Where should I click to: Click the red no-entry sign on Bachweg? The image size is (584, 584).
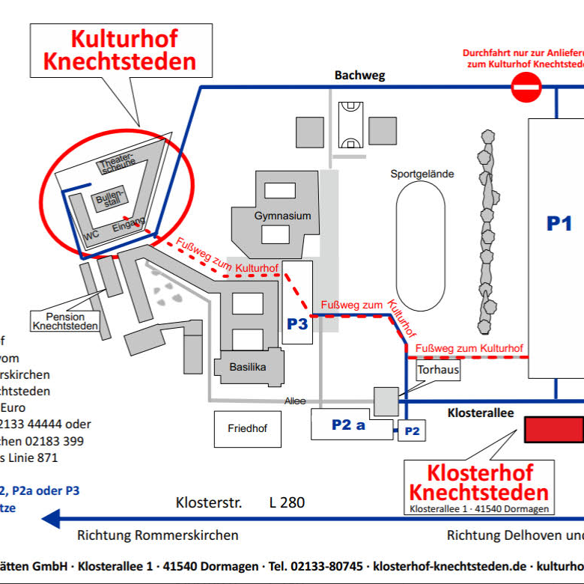pyautogui.click(x=526, y=87)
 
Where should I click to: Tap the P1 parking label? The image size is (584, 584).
pyautogui.click(x=559, y=223)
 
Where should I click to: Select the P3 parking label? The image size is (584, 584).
pyautogui.click(x=297, y=324)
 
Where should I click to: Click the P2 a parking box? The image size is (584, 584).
pyautogui.click(x=348, y=425)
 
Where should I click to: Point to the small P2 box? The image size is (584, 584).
pyautogui.click(x=413, y=431)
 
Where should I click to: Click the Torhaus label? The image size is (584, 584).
pyautogui.click(x=439, y=369)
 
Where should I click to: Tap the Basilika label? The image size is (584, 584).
pyautogui.click(x=248, y=367)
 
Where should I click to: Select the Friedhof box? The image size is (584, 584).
pyautogui.click(x=247, y=429)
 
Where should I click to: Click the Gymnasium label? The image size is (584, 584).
pyautogui.click(x=282, y=216)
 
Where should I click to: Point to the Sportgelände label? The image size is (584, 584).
pyautogui.click(x=422, y=174)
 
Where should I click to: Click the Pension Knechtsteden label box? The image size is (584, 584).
pyautogui.click(x=65, y=321)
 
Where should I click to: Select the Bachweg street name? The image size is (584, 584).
pyautogui.click(x=359, y=75)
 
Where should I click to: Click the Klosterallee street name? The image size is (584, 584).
pyautogui.click(x=480, y=413)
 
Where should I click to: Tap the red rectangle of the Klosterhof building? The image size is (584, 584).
pyautogui.click(x=553, y=430)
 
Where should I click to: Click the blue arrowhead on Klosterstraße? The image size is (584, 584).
pyautogui.click(x=51, y=517)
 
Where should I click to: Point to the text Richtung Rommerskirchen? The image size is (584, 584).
pyautogui.click(x=158, y=535)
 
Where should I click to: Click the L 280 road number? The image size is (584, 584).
pyautogui.click(x=287, y=502)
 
